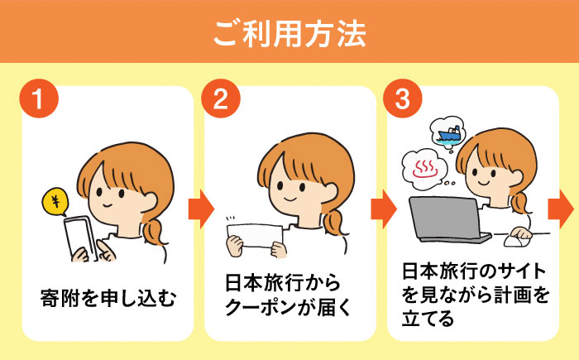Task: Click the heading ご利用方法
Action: [289, 34]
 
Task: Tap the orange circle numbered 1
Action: [39, 98]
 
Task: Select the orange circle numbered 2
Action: [221, 98]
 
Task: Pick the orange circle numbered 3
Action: [403, 98]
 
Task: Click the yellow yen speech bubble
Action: [55, 201]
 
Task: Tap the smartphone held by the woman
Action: [80, 238]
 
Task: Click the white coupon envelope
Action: [255, 235]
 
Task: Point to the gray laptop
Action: [447, 218]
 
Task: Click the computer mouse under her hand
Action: [517, 241]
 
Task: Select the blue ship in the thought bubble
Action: [449, 134]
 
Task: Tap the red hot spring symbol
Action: [425, 170]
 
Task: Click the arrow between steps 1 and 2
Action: [201, 209]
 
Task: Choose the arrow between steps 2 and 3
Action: [384, 209]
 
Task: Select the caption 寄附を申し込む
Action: [108, 298]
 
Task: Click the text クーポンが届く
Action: [288, 307]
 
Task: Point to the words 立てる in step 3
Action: [428, 319]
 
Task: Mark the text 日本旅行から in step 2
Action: [283, 283]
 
